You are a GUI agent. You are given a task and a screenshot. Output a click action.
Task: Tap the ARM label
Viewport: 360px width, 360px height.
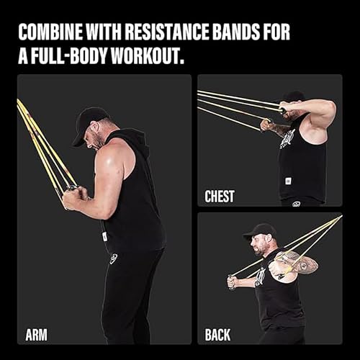[x=37, y=335]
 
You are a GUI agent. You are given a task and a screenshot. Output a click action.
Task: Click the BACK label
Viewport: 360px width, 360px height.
[x=218, y=335]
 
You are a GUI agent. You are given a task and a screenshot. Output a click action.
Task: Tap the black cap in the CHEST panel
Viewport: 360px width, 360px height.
[x=293, y=96]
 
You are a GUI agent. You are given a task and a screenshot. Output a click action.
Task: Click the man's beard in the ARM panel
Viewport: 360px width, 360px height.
[x=96, y=141]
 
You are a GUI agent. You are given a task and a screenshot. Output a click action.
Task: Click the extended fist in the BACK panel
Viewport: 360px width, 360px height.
[x=232, y=282]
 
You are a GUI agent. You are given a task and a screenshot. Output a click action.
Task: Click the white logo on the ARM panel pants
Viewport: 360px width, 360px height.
[x=114, y=258]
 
